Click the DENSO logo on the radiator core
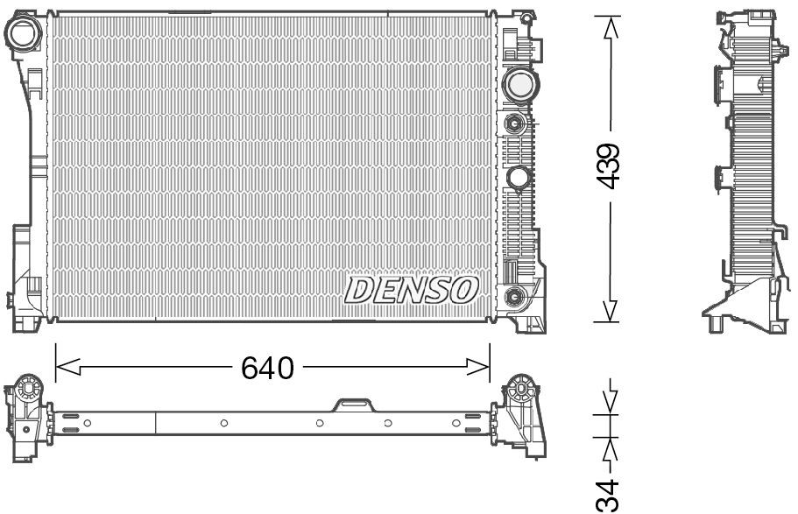click(412, 289)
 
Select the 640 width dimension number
click(267, 369)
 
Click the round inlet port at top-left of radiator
click(24, 32)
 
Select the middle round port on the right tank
click(518, 178)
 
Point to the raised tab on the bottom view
click(353, 404)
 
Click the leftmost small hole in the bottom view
click(87, 423)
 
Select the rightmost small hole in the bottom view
click(455, 423)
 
